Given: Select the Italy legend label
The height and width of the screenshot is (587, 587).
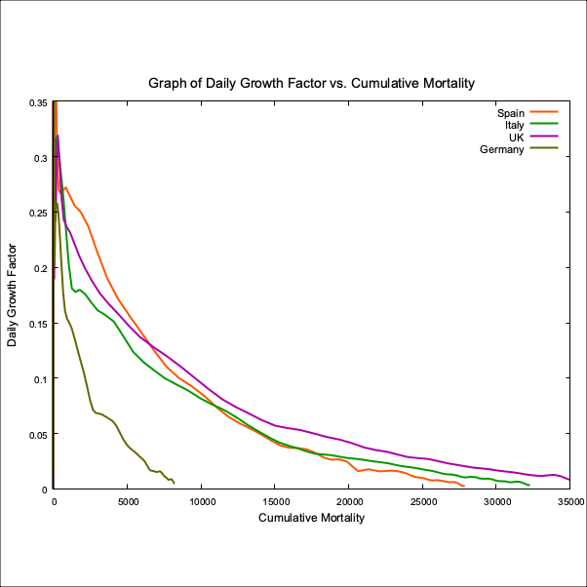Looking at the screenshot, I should (515, 125).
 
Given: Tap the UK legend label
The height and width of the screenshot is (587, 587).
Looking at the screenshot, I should (517, 137).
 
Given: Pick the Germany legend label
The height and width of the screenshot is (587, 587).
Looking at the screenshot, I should (502, 149).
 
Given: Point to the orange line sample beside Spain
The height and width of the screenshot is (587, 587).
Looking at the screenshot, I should (543, 113).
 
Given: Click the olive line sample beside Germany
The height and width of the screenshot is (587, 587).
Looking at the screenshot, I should (543, 149).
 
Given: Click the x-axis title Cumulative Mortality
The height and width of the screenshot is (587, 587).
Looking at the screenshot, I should (311, 518).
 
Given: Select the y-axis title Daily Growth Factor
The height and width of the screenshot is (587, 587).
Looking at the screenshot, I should (13, 295).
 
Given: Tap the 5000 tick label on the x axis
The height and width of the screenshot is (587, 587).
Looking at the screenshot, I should (128, 502).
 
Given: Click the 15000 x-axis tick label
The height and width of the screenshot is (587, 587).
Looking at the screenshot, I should (275, 502).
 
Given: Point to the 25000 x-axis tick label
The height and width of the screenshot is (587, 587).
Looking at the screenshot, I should (422, 502).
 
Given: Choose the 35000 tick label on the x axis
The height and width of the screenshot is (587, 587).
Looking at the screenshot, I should (569, 502).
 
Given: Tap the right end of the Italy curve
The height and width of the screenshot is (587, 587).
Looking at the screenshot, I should (528, 485).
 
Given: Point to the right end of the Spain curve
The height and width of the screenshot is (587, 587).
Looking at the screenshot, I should (463, 485).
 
